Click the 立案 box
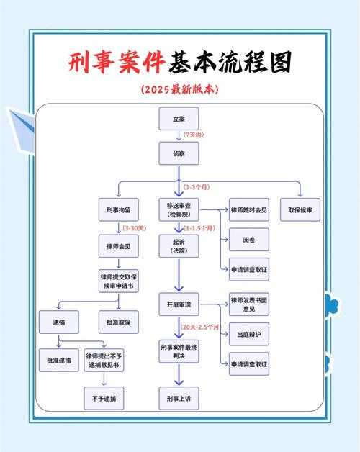[x=179, y=118]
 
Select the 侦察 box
[x=179, y=153]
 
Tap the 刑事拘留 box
[x=117, y=210]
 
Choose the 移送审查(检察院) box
[x=179, y=210]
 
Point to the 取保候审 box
[x=305, y=210]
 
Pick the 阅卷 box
[x=249, y=238]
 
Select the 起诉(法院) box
[x=179, y=245]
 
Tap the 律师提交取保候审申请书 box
[x=117, y=281]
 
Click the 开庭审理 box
[x=179, y=304]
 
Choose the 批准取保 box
[x=117, y=322]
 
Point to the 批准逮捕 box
[x=59, y=359]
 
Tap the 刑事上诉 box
[x=179, y=398]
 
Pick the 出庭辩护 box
[x=249, y=334]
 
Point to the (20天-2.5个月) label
[x=200, y=327]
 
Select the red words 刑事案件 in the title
[x=117, y=63]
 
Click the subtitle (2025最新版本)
[x=179, y=90]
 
